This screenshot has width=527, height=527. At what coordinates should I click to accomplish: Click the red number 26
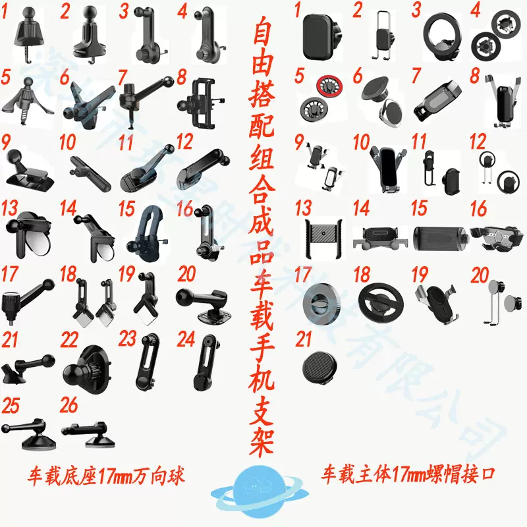click(x=69, y=406)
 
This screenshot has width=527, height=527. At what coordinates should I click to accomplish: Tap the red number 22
click(x=69, y=340)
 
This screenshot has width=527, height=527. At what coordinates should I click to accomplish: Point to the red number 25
click(x=11, y=406)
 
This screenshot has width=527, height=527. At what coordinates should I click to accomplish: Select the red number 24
click(x=186, y=339)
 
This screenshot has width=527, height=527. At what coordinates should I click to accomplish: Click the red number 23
click(x=127, y=339)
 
